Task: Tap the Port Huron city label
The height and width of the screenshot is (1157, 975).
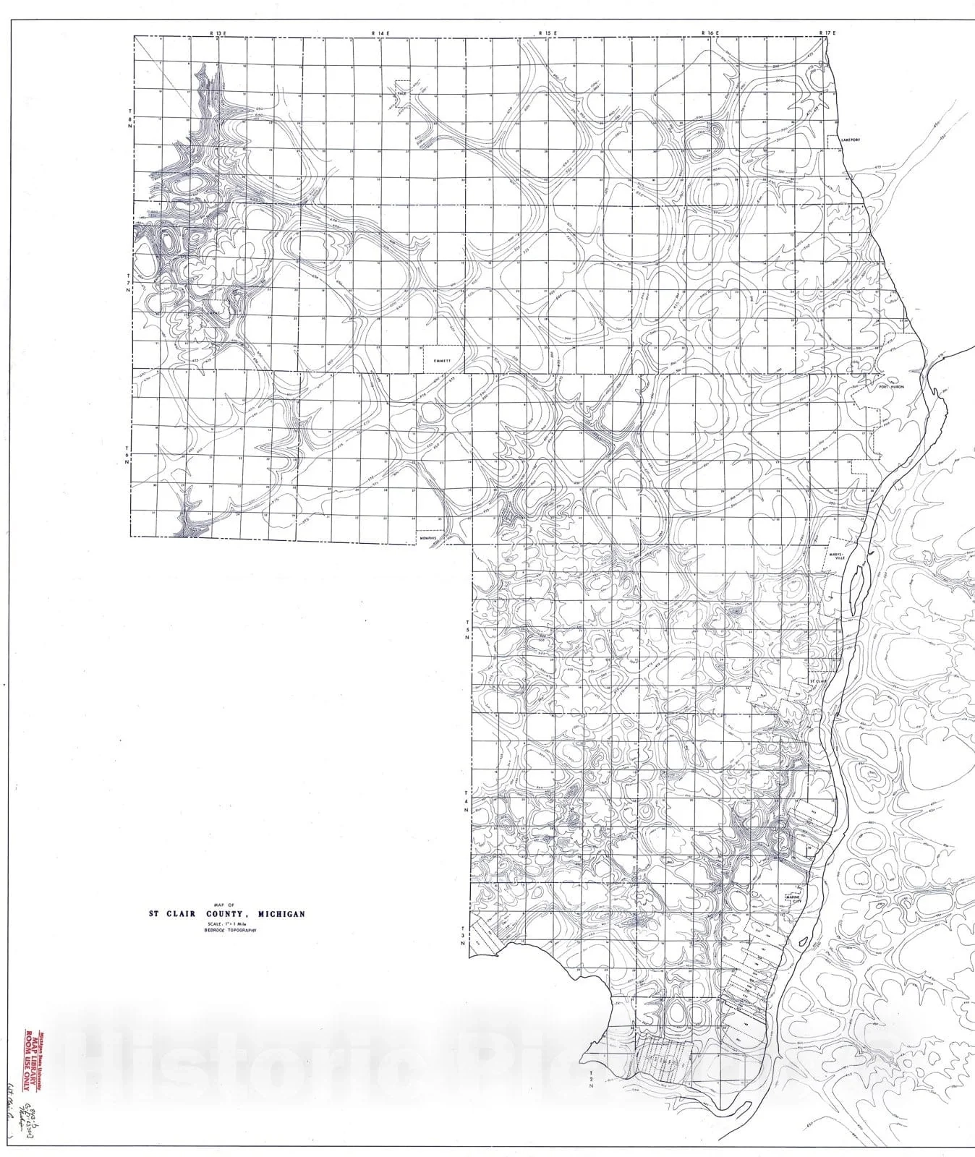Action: (891, 387)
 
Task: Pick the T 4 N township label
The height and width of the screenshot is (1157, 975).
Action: (467, 801)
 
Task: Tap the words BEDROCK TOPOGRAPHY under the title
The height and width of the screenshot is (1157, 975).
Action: (229, 931)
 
